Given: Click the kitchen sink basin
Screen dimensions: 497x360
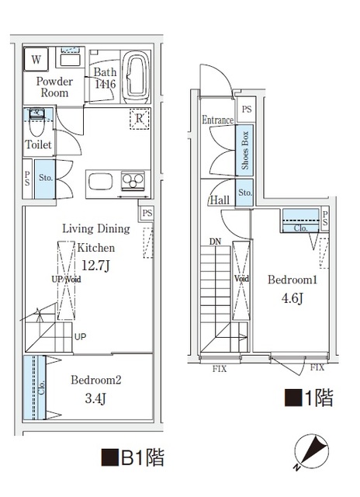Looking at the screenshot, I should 101,182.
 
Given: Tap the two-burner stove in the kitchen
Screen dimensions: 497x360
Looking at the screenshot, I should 133,182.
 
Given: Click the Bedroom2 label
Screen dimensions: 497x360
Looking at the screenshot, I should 96,381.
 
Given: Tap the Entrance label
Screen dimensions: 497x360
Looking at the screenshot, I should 217,120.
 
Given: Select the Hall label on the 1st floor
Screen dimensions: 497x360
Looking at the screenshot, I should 219,200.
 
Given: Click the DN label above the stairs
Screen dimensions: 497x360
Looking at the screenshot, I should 215,242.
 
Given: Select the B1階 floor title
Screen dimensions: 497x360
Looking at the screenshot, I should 131,457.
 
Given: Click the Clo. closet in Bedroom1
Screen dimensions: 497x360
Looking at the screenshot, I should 300,221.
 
